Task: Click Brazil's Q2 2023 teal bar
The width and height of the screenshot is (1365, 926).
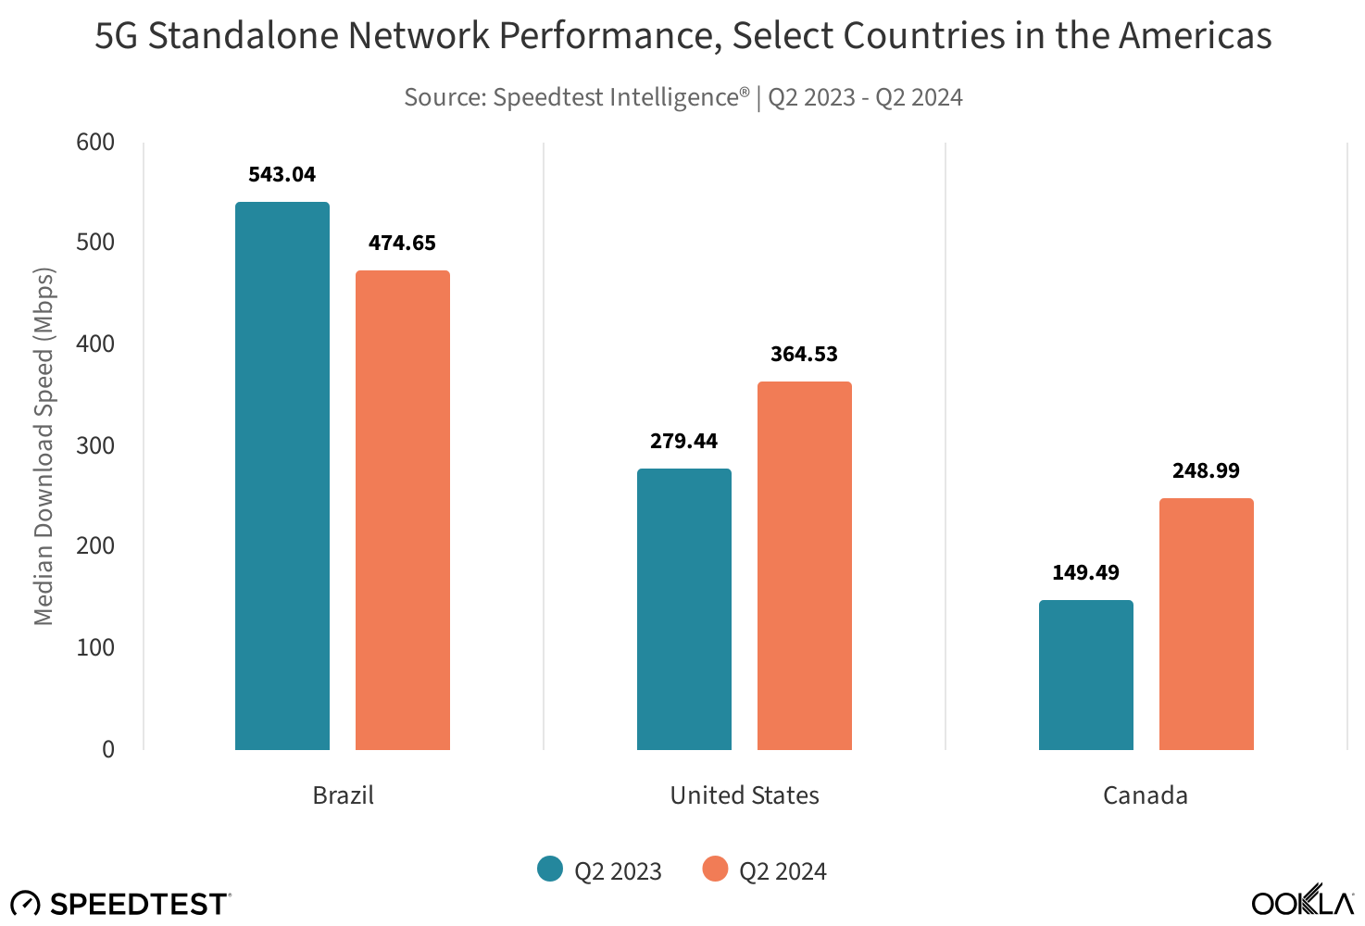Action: [x=282, y=476]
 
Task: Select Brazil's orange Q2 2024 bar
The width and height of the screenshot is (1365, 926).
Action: [x=403, y=510]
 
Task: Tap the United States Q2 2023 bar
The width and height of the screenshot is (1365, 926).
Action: [x=684, y=609]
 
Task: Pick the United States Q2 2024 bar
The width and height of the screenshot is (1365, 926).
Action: [x=805, y=566]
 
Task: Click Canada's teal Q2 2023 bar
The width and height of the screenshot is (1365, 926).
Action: [x=1086, y=675]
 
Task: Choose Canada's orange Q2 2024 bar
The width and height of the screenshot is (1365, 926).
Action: [x=1207, y=624]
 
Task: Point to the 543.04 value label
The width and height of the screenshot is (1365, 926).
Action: [x=282, y=174]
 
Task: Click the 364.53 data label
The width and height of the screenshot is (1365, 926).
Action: [x=804, y=354]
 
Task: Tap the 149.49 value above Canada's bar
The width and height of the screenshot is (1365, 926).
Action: [x=1085, y=572]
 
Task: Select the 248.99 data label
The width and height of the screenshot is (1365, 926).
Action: [x=1206, y=470]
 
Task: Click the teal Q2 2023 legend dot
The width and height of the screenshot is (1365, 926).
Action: [x=550, y=869]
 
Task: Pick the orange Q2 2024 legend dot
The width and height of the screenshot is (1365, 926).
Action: [x=715, y=869]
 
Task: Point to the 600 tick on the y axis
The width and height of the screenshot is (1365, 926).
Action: [x=95, y=142]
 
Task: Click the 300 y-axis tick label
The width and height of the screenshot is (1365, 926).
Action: [x=95, y=445]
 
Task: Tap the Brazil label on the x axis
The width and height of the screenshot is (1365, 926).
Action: [x=344, y=795]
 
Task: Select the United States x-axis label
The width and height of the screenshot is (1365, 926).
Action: [x=745, y=795]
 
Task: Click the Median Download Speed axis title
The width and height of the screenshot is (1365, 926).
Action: [x=44, y=446]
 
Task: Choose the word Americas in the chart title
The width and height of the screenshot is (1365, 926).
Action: [x=1196, y=36]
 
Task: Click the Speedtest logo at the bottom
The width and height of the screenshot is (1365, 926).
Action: [x=120, y=903]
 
